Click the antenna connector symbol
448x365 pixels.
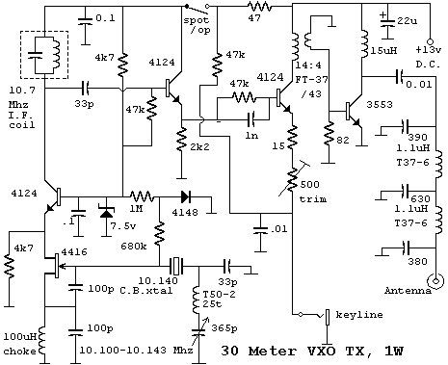435,281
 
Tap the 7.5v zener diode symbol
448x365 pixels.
106,212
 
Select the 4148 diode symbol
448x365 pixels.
186,196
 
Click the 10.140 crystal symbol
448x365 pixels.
176,266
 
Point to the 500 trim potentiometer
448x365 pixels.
292,179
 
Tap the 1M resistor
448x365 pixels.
142,196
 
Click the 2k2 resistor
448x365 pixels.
182,139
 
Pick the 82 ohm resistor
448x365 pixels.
329,134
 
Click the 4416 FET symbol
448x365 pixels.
54,266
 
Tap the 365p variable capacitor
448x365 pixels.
199,331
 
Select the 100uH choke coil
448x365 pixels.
42,341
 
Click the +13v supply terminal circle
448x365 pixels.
430,41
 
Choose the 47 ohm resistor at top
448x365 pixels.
259,7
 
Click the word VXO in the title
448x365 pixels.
321,351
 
